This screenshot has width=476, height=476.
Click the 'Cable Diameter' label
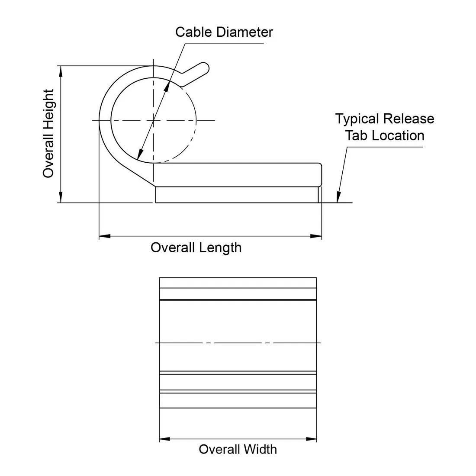(224, 32)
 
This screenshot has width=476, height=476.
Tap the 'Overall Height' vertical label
(48, 133)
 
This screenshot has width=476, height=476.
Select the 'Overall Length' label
(196, 248)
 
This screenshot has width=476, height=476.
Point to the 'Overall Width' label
(238, 449)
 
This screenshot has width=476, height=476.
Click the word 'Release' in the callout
(409, 119)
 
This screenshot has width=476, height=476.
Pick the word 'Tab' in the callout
(356, 135)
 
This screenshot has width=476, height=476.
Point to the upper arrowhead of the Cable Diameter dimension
(167, 85)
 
